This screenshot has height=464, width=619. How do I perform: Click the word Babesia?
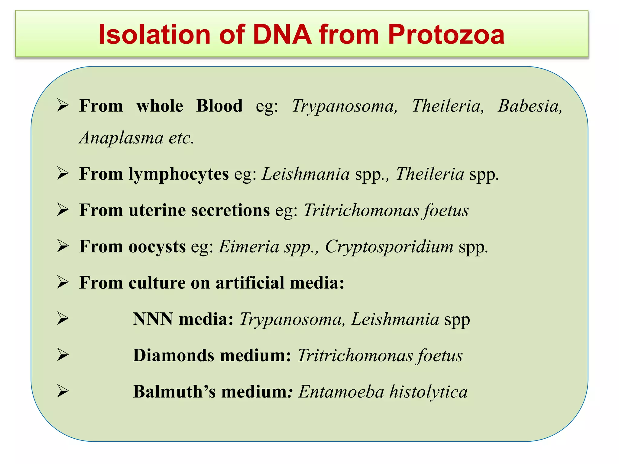[530, 106]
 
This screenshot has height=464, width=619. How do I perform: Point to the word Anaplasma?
[121, 138]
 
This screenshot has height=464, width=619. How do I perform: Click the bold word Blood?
[219, 106]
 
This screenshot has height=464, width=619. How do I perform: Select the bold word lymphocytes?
[178, 175]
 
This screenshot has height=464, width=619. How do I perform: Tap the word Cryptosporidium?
[389, 247]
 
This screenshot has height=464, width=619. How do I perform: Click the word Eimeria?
[249, 247]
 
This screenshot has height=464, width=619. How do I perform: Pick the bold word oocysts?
[157, 247]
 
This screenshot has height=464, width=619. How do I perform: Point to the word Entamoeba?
[341, 392]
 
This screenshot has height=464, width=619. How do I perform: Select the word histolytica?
[428, 392]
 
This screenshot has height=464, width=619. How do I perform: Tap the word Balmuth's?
[174, 392]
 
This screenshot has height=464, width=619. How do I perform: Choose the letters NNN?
[153, 319]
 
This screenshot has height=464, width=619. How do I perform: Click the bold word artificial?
[250, 283]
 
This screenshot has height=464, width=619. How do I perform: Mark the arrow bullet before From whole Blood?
[63, 106]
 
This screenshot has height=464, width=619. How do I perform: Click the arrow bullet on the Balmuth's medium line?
[63, 391]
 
